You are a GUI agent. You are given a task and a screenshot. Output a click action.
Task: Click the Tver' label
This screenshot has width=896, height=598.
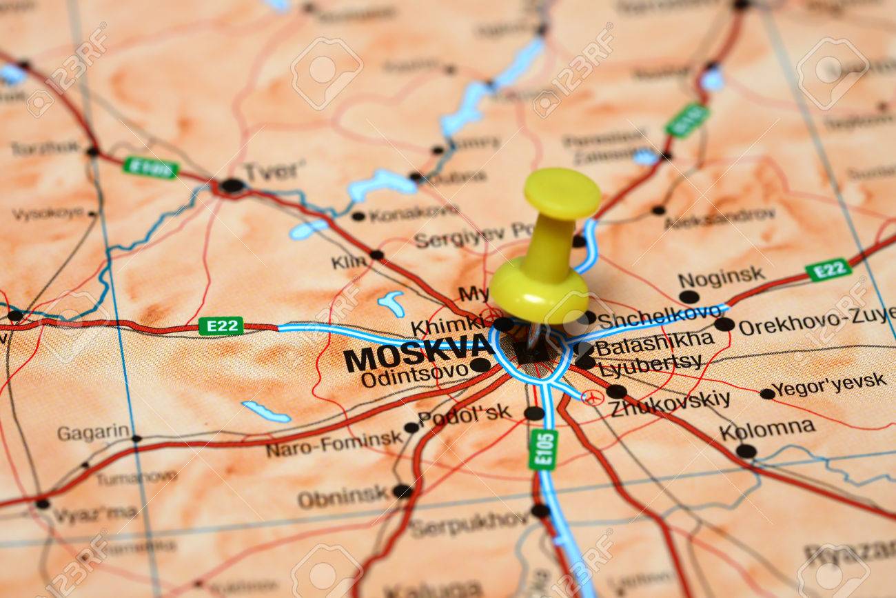[x=274, y=170]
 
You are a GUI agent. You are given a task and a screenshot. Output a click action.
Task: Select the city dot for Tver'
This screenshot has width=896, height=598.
[x=232, y=185]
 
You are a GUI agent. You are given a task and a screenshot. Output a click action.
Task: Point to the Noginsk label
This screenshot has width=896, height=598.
[x=721, y=277]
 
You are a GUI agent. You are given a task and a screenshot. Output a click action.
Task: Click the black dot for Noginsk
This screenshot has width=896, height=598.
[x=688, y=297]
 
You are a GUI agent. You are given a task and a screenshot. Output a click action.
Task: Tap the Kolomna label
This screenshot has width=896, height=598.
[x=766, y=429]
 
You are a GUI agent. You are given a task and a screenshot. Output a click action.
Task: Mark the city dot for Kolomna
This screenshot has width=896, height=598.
[x=745, y=450]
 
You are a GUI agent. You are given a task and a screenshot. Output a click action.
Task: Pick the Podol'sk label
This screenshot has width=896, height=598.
[x=465, y=414]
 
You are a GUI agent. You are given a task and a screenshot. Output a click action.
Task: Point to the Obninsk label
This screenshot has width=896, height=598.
[x=343, y=496]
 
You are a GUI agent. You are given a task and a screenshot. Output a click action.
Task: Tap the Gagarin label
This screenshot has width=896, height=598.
[x=93, y=432]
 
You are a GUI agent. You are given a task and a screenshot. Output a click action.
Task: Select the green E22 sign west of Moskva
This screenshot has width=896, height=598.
[x=221, y=326]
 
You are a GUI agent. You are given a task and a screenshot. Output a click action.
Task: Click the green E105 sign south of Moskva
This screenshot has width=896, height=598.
[x=543, y=449]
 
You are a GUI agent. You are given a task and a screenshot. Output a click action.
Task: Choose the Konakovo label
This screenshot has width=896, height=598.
[x=413, y=213]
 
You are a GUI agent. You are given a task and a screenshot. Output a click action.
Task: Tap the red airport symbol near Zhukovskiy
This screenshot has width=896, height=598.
[x=591, y=397]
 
